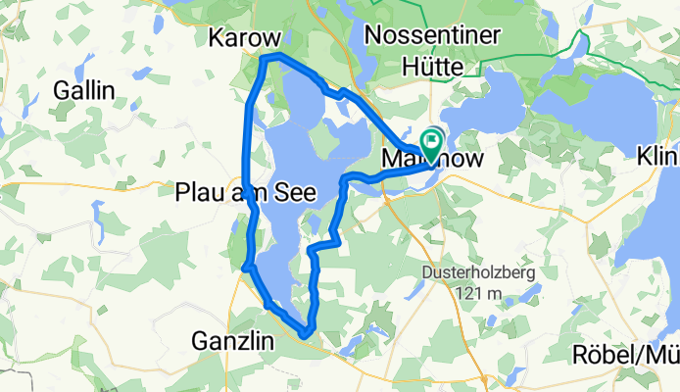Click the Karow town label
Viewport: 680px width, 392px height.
tap(245, 37)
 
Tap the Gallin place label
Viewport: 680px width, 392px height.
tap(85, 90)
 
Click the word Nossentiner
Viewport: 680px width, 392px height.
tap(432, 36)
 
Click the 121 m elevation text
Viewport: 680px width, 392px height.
tap(479, 292)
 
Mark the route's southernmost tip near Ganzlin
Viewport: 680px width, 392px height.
tap(306, 335)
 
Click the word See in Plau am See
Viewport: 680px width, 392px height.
tap(294, 193)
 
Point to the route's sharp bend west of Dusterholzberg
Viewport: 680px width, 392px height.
tap(311, 253)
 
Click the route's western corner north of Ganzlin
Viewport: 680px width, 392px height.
tap(247, 266)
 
